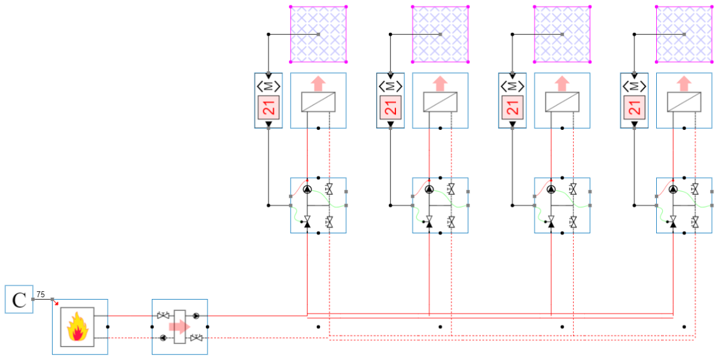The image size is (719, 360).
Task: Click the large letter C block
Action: [x=19, y=300]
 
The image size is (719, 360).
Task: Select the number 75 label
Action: [x=40, y=294]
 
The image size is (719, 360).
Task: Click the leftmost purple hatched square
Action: [x=318, y=34]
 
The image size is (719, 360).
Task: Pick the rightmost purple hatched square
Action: [x=685, y=34]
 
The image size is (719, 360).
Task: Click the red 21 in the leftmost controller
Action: [x=269, y=108]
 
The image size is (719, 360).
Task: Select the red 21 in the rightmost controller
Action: [x=635, y=108]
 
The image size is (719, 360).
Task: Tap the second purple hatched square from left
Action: [x=440, y=34]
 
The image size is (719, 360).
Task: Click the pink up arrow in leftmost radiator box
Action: [x=318, y=83]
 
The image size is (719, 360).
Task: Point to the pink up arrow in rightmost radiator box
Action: [x=685, y=83]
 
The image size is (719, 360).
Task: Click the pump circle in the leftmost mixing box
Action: [x=307, y=190]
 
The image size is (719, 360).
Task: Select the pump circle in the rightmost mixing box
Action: [x=673, y=190]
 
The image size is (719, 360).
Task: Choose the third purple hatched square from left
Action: [x=562, y=34]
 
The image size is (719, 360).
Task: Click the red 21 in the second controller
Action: [x=391, y=108]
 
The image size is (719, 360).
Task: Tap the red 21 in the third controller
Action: [x=513, y=108]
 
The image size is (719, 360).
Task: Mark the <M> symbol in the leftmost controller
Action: [x=269, y=86]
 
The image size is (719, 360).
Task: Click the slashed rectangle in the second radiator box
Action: [x=440, y=102]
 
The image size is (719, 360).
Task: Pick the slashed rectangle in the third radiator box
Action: [x=562, y=102]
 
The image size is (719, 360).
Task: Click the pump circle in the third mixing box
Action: [x=551, y=190]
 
